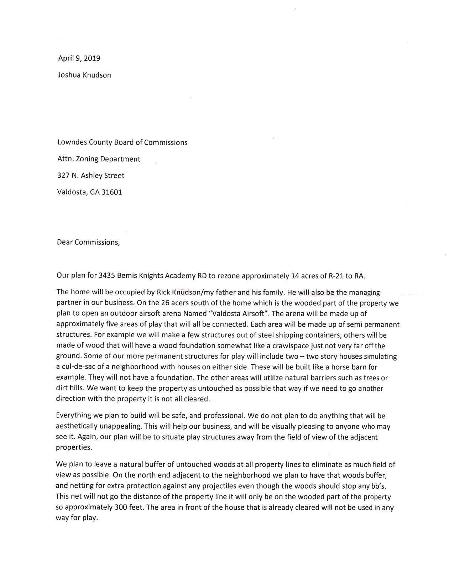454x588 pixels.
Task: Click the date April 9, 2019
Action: coord(79,58)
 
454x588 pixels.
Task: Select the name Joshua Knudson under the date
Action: coord(84,75)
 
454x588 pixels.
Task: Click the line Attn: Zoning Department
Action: coord(99,159)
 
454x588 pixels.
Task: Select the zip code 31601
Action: coord(112,192)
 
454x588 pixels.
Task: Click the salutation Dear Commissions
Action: coord(88,242)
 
